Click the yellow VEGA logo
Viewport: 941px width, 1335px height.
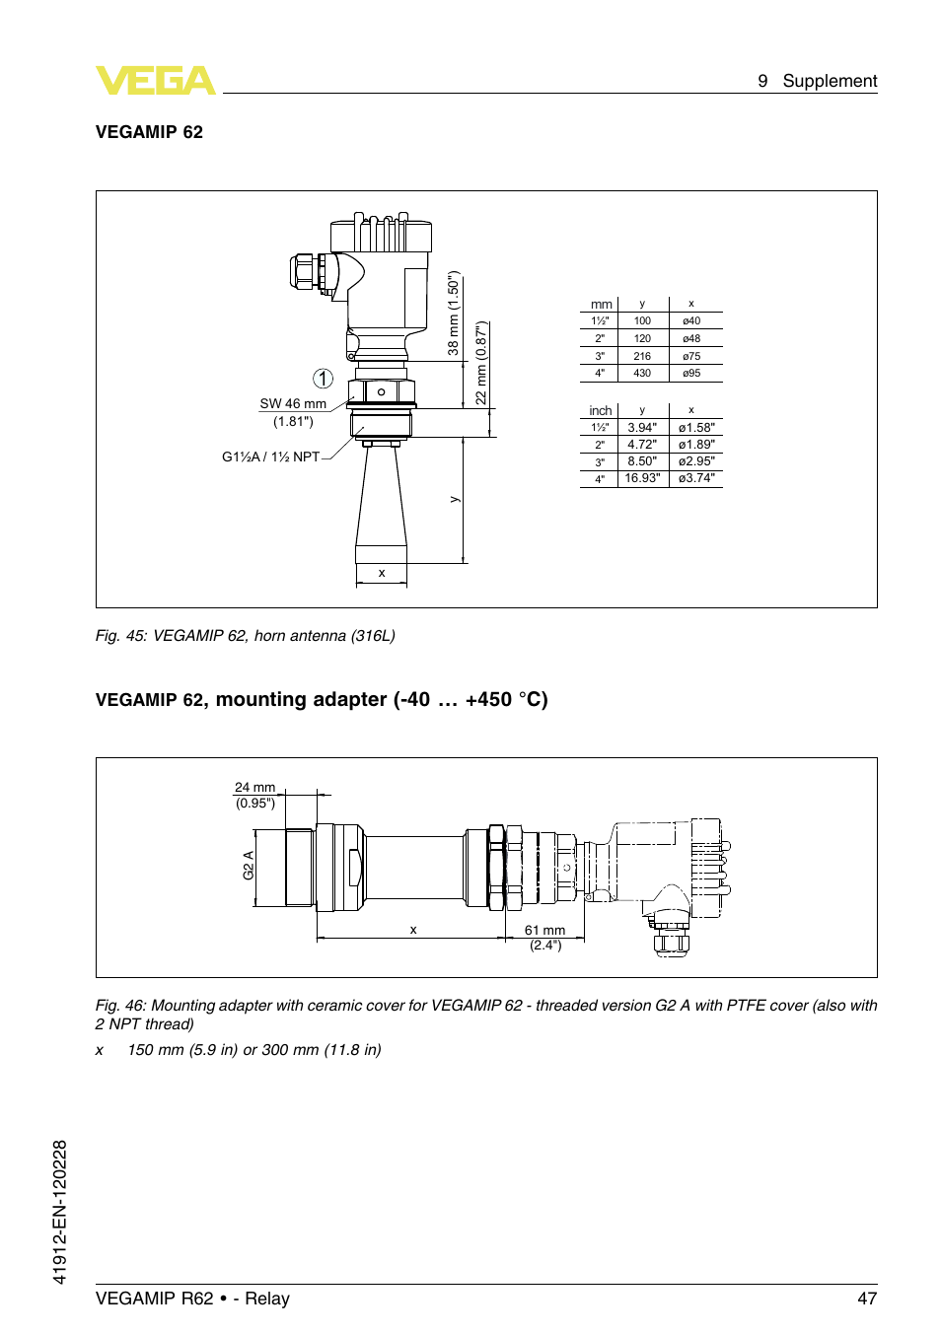point(155,81)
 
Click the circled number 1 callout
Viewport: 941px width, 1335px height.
point(323,379)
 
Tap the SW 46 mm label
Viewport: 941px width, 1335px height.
point(293,404)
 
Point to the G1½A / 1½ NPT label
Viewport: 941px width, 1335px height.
point(270,457)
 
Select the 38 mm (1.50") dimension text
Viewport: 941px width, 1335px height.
point(454,314)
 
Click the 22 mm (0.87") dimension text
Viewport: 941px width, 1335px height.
point(481,363)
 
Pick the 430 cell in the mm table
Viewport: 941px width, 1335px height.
point(642,374)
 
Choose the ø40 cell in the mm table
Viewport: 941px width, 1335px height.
point(691,321)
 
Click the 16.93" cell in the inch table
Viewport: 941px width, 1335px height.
point(642,478)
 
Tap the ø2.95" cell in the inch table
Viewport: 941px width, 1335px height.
point(696,461)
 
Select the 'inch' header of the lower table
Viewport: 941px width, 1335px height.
point(600,411)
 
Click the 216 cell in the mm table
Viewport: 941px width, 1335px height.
point(642,357)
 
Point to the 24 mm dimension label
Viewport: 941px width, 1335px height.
point(254,788)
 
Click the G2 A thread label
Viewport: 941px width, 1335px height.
point(249,866)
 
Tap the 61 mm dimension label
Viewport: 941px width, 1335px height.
point(544,931)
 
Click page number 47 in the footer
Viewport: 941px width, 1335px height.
point(866,1299)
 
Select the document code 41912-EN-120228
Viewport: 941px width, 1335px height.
point(60,1212)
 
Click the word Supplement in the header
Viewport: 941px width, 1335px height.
point(829,81)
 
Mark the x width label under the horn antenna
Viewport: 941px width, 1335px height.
point(382,573)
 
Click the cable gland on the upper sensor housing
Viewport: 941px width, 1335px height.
point(304,271)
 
